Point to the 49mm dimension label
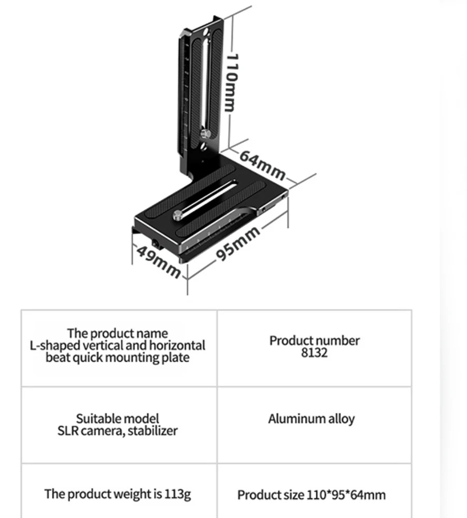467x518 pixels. [159, 261]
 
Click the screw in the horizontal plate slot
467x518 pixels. [178, 213]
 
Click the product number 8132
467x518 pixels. [314, 353]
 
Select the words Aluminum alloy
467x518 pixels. [311, 419]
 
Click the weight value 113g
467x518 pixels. [177, 494]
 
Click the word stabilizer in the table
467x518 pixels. [154, 430]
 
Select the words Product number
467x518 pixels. [314, 340]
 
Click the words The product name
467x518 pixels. [117, 333]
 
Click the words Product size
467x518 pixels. [271, 495]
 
